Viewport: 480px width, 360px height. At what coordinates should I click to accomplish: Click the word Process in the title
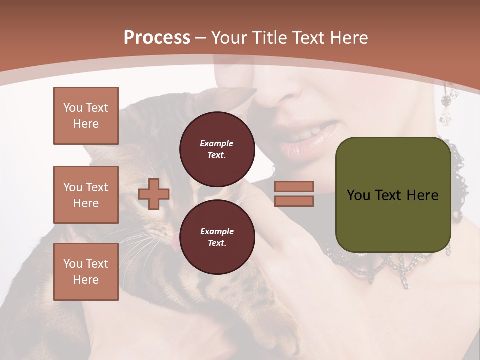[157, 38]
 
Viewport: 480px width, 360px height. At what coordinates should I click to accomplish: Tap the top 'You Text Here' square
[86, 116]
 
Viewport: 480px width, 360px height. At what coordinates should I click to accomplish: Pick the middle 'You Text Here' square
[86, 195]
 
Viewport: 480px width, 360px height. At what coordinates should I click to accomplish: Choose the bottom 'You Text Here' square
[86, 272]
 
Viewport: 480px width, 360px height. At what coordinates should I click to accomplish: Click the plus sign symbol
[154, 194]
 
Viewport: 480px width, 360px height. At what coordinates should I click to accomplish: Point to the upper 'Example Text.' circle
[217, 149]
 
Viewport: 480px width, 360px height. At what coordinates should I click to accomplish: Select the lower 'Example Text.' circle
[217, 237]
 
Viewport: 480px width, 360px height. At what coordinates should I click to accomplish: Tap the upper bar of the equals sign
[294, 186]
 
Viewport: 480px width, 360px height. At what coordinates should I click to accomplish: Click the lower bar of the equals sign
[294, 201]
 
